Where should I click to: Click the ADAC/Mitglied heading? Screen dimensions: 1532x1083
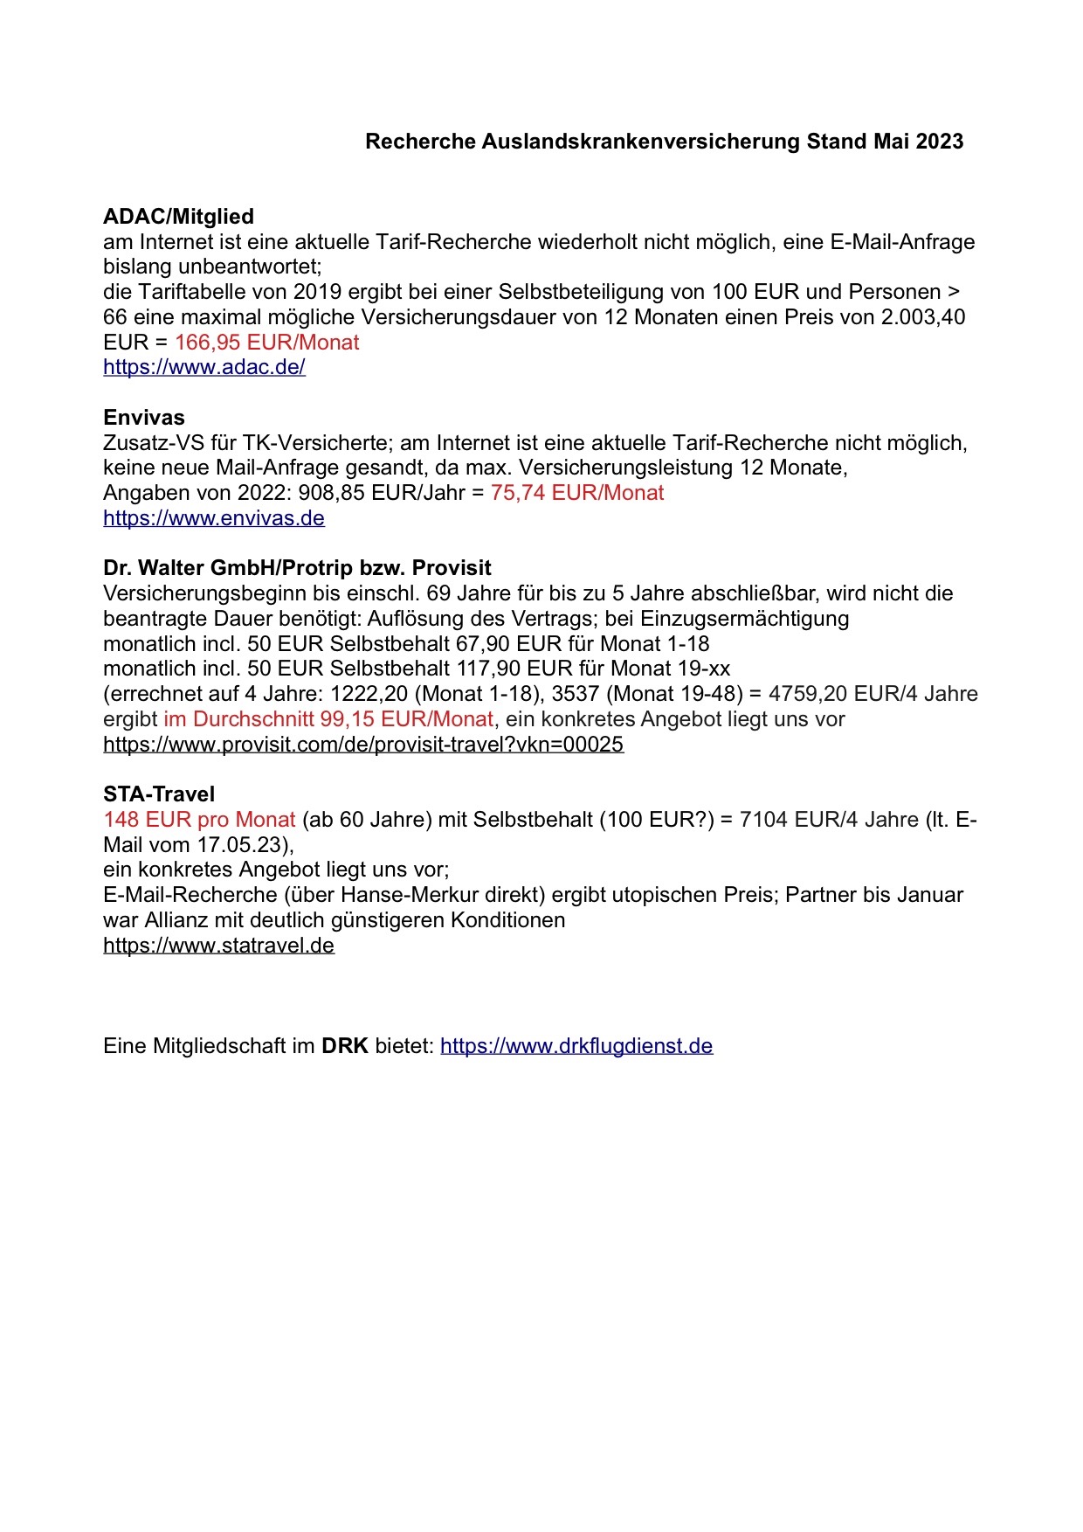click(x=178, y=217)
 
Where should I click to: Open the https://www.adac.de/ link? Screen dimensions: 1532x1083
click(x=204, y=367)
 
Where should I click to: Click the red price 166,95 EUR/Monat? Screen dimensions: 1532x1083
click(x=267, y=343)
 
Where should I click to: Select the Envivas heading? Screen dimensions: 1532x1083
click(x=144, y=418)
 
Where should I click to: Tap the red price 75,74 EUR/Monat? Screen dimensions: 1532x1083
click(x=577, y=493)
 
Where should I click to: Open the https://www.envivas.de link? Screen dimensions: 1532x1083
click(x=214, y=518)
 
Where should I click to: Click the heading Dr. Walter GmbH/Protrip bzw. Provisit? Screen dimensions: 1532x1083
click(x=297, y=568)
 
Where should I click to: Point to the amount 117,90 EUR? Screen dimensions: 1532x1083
click(x=512, y=669)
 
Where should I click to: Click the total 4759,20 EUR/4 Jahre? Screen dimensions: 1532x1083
click(x=873, y=694)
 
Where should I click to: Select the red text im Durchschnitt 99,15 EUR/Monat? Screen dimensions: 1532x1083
click(x=328, y=719)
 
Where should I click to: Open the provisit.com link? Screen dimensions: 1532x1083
click(x=363, y=745)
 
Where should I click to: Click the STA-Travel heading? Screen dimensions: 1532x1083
click(x=159, y=794)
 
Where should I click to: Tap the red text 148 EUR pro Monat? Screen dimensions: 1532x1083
click(x=199, y=820)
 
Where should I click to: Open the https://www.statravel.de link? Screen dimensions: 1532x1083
click(x=218, y=946)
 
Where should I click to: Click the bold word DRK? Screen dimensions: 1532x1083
click(x=345, y=1046)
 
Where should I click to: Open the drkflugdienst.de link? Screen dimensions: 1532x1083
click(x=576, y=1046)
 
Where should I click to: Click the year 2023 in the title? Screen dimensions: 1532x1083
click(x=940, y=142)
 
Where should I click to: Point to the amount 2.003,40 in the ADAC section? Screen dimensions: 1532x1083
click(x=923, y=317)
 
